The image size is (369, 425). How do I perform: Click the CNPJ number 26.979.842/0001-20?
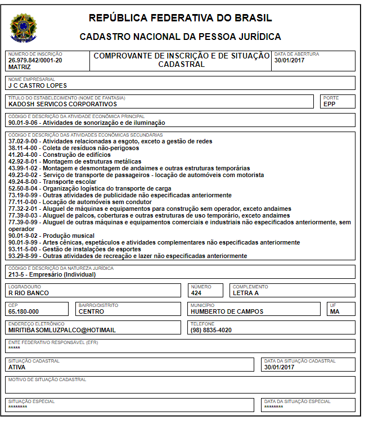pos(35,60)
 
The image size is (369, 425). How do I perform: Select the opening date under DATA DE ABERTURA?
pos(289,60)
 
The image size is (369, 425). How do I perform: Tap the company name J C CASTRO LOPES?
pos(37,85)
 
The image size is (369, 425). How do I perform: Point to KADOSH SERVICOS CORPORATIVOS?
pos(62,104)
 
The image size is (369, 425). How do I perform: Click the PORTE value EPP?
pos(329,104)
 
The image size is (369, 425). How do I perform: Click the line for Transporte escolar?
pos(46,182)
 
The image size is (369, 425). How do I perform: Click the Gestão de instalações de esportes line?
pos(74,249)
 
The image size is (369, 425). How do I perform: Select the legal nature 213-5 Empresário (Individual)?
pos(52,274)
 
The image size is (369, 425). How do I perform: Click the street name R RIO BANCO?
pos(29,293)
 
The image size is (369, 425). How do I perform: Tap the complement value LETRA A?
pos(246,293)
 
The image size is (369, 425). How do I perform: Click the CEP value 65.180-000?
pos(24,311)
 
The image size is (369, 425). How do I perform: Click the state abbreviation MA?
pos(335,311)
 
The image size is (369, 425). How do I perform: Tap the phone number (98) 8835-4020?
pos(211,330)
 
